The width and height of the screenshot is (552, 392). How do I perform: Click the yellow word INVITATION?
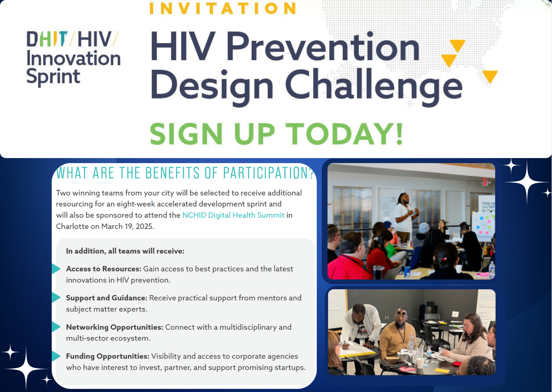pyautogui.click(x=223, y=8)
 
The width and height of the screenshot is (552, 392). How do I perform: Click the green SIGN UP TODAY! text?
pyautogui.click(x=276, y=134)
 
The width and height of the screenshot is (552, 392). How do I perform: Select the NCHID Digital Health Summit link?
pyautogui.click(x=233, y=215)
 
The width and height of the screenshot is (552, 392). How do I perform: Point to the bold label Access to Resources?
pyautogui.click(x=104, y=269)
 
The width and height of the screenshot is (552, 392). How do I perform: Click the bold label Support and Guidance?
pyautogui.click(x=107, y=298)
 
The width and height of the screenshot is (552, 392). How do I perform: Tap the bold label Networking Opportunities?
pyautogui.click(x=115, y=327)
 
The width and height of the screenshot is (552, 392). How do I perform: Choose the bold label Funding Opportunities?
pyautogui.click(x=108, y=356)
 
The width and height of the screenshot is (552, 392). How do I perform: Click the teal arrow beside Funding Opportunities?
pyautogui.click(x=56, y=356)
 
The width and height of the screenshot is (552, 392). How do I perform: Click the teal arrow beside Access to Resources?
pyautogui.click(x=56, y=269)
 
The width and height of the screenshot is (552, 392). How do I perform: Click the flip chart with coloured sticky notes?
pyautogui.click(x=483, y=226)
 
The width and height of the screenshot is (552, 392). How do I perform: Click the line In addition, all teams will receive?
pyautogui.click(x=125, y=251)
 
